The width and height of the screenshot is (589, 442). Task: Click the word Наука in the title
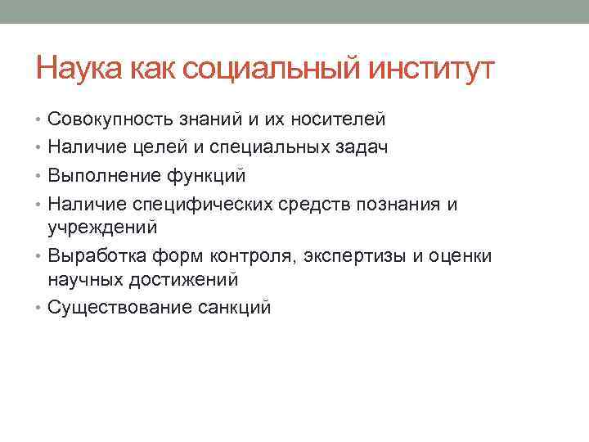[79, 70]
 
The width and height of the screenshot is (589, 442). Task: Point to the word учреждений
[102, 226]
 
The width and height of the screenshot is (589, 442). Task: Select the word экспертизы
[354, 255]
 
